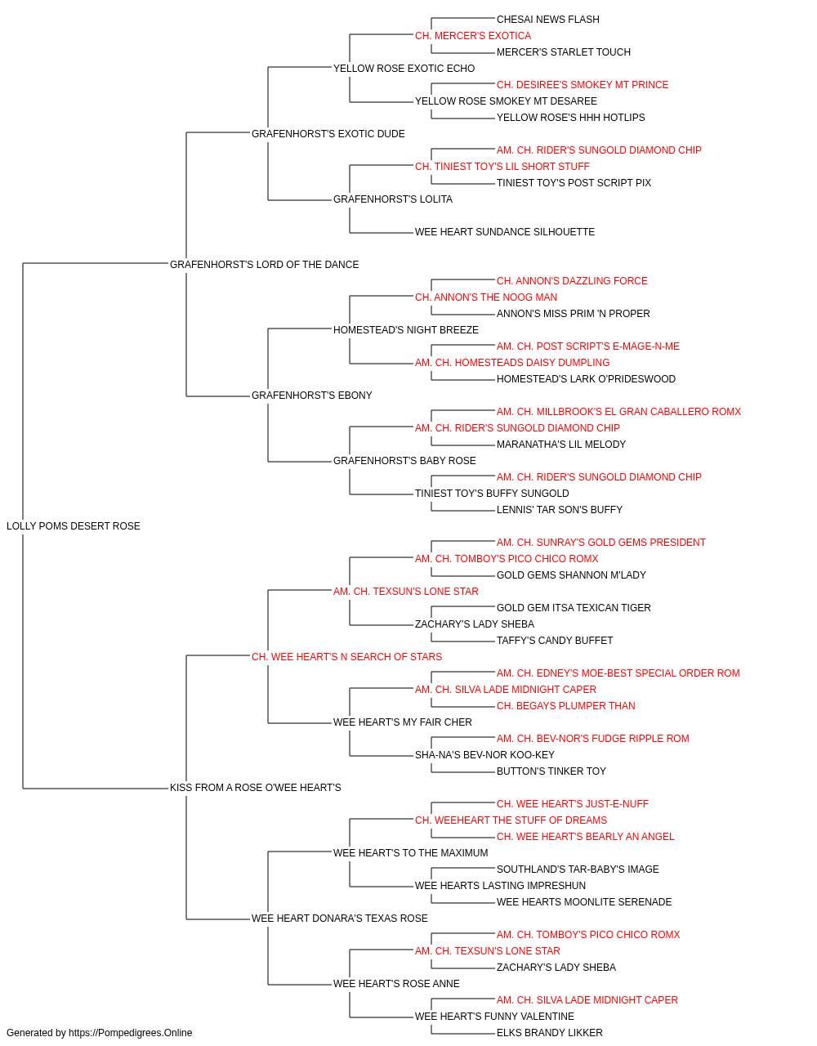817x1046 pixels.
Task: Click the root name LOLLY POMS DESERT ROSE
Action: pyautogui.click(x=74, y=526)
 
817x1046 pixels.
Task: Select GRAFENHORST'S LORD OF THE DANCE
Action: pyautogui.click(x=264, y=265)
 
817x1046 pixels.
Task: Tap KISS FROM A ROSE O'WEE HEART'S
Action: pyautogui.click(x=256, y=788)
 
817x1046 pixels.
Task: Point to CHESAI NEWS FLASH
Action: pyautogui.click(x=548, y=20)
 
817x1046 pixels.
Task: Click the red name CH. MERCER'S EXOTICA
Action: pyautogui.click(x=473, y=36)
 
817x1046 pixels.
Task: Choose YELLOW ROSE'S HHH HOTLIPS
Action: pyautogui.click(x=570, y=118)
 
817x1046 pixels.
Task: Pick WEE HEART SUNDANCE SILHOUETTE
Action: pyautogui.click(x=505, y=232)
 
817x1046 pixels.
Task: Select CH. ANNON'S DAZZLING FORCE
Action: pyautogui.click(x=572, y=281)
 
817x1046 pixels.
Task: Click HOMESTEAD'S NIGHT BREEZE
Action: pyautogui.click(x=405, y=330)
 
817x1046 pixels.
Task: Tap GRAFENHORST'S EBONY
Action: pyautogui.click(x=312, y=396)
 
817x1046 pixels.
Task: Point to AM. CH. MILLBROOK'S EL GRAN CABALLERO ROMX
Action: pyautogui.click(x=618, y=412)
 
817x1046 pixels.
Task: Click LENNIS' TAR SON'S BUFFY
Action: pyautogui.click(x=560, y=510)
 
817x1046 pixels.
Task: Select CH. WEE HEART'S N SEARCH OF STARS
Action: pyautogui.click(x=346, y=657)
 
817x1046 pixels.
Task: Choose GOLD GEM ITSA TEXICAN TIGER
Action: pyautogui.click(x=574, y=608)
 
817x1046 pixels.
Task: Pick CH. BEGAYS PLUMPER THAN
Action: pyautogui.click(x=566, y=706)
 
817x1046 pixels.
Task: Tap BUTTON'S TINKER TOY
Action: pyautogui.click(x=551, y=771)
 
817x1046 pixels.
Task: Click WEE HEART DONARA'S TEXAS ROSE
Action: pyautogui.click(x=339, y=919)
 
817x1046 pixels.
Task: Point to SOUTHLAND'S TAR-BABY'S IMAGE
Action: pyautogui.click(x=578, y=869)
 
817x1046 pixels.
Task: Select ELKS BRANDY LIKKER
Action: pyautogui.click(x=550, y=1033)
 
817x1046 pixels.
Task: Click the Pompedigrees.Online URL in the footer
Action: pyautogui.click(x=131, y=1033)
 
